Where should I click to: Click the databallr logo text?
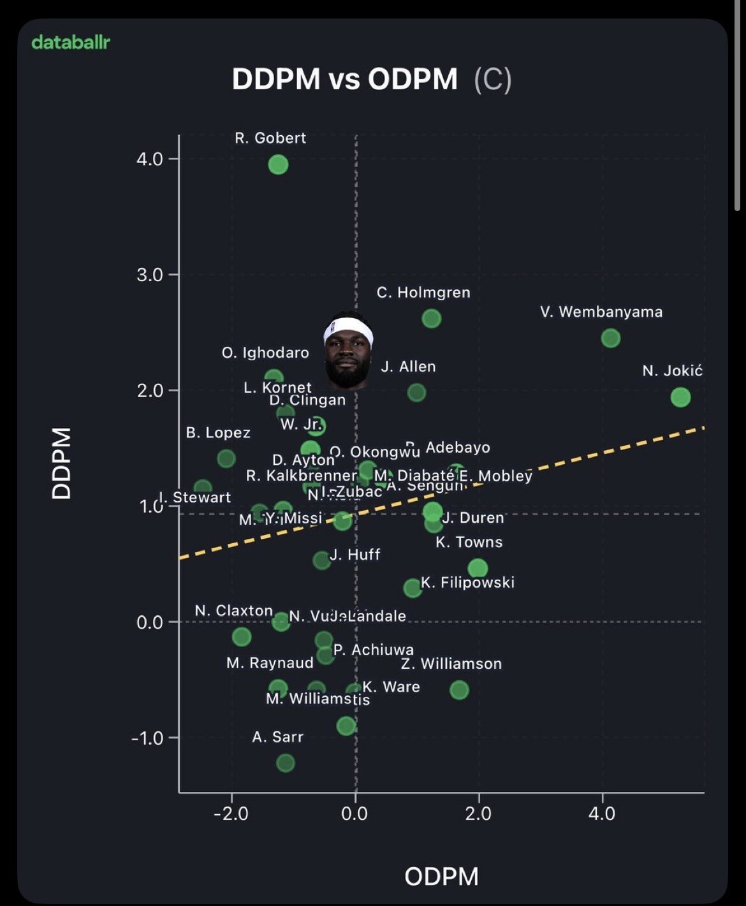click(x=71, y=42)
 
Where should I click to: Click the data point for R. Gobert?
click(x=278, y=164)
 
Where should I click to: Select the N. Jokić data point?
click(x=680, y=397)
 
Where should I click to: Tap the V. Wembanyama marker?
click(x=610, y=338)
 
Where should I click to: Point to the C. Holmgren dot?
click(x=432, y=318)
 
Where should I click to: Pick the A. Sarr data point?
click(x=286, y=763)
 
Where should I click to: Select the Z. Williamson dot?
click(x=459, y=689)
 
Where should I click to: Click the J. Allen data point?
click(x=416, y=392)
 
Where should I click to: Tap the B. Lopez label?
click(x=218, y=433)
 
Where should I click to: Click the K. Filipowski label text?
click(x=467, y=582)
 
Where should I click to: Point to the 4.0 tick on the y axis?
click(x=150, y=159)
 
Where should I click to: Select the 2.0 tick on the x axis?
click(x=478, y=814)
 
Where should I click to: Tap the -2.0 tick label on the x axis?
click(x=231, y=814)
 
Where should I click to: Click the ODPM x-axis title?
click(x=441, y=876)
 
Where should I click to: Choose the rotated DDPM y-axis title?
click(x=62, y=464)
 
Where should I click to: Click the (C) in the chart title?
click(x=492, y=79)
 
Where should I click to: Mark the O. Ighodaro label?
click(x=265, y=353)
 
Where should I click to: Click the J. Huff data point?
click(x=322, y=560)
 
